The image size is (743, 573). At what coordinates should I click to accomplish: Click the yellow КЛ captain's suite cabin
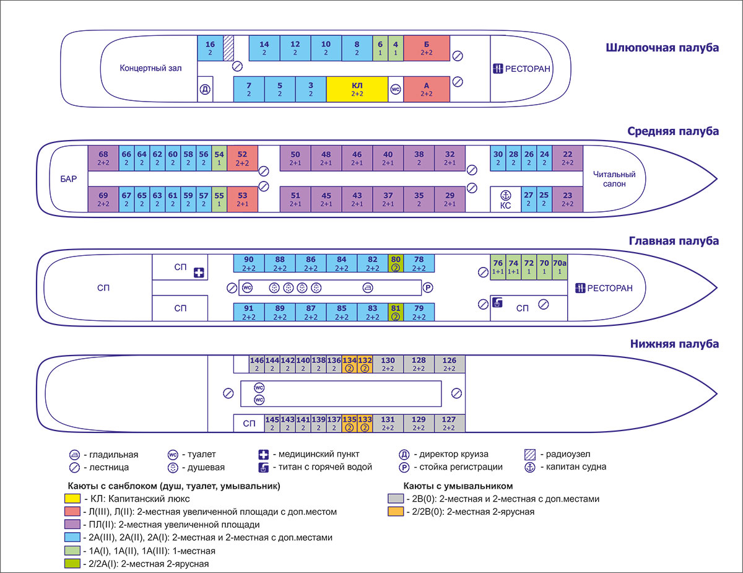tap(357, 89)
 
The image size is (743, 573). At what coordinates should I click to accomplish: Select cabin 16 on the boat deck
tap(211, 48)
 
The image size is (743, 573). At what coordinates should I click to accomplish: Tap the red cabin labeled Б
tap(426, 48)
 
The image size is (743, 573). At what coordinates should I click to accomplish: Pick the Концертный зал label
tap(151, 68)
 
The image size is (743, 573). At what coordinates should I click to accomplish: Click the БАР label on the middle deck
tap(69, 180)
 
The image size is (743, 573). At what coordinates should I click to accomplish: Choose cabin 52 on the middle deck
tap(242, 158)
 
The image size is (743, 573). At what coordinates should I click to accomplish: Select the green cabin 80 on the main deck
tap(396, 263)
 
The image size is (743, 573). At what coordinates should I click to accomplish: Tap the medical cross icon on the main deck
tap(199, 272)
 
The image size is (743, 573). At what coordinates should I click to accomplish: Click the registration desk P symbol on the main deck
tap(427, 287)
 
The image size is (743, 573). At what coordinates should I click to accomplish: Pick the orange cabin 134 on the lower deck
tap(349, 364)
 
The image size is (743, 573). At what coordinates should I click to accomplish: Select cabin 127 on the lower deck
tap(450, 423)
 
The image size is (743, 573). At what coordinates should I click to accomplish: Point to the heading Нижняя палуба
tap(674, 344)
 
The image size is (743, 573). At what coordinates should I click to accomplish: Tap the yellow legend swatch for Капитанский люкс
tap(72, 499)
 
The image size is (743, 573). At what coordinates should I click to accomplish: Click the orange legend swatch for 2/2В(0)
tap(394, 512)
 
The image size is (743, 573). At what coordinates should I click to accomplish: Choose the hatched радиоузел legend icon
tap(529, 454)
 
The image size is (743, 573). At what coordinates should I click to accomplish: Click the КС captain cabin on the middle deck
tap(505, 199)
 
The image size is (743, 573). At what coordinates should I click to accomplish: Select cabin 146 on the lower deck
tap(256, 364)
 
